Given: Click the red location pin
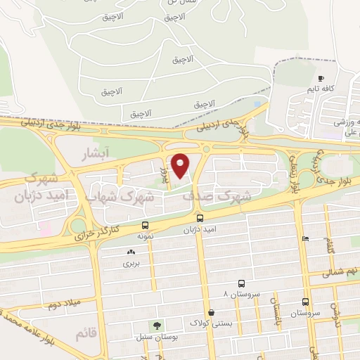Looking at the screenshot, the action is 181,165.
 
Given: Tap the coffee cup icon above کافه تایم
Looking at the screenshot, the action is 321,78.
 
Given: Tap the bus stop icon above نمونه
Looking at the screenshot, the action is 145,226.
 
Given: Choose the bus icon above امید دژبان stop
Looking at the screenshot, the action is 200,218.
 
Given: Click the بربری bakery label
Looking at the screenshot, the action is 131,264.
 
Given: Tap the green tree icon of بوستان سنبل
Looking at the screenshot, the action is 157,326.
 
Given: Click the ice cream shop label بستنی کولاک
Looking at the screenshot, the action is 210,323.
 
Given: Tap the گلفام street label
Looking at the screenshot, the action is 330,247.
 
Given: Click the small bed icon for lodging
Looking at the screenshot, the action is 304,238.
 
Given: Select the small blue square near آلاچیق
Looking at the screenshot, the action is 257,104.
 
